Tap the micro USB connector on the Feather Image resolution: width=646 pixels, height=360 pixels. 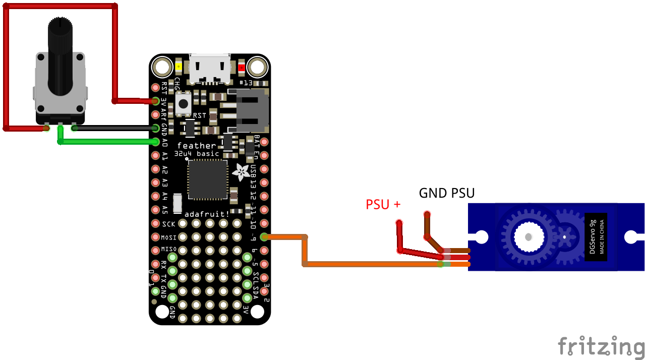pos(210,68)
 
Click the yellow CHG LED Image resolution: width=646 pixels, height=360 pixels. pos(179,67)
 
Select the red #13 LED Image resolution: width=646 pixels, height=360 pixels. pos(242,67)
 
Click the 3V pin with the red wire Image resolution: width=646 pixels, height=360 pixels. pos(155,101)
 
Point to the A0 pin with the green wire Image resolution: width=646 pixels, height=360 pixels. pos(155,142)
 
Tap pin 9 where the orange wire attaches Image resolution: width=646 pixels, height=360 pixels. pos(264,237)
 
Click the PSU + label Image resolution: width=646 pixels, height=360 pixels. pos(383,204)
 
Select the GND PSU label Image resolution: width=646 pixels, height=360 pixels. pos(447,193)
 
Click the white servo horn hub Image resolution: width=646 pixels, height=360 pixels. pos(528,236)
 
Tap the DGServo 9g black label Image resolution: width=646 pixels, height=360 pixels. pos(596,236)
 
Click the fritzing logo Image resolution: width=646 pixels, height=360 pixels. pos(601,347)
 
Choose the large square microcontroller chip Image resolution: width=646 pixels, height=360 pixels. pos(207,179)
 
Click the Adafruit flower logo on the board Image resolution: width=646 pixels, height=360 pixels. pos(241,172)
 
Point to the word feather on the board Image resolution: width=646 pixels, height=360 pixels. pos(196,146)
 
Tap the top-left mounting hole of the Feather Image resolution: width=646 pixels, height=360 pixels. pos(163,67)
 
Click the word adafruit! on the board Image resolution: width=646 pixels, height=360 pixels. pos(207,214)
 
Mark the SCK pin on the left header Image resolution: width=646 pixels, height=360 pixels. pos(155,223)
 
